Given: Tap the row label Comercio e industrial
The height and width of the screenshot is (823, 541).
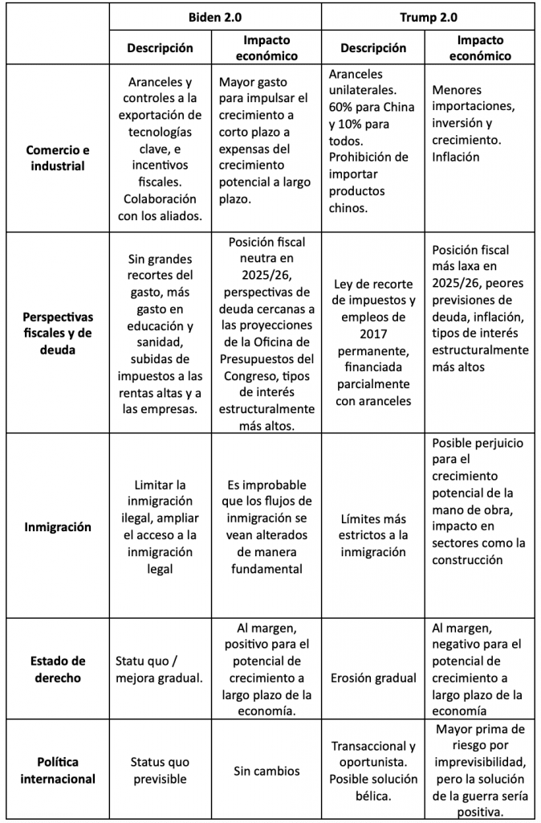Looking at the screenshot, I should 58,158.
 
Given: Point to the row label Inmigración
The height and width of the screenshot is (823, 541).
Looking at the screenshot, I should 58,527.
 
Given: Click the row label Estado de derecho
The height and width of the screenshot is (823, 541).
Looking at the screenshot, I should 58,669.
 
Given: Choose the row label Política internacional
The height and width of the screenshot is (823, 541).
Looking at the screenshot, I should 58,770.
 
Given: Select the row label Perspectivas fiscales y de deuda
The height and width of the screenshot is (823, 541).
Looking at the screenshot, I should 58,334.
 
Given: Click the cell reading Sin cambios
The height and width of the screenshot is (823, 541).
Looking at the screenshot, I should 266,771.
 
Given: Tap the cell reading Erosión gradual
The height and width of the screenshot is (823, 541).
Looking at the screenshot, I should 372,677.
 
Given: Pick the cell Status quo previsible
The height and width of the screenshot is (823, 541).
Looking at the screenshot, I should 159,770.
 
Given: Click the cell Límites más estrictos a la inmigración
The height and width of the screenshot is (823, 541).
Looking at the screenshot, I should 372,534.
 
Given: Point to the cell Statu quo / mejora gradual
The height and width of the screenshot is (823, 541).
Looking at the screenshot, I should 159,669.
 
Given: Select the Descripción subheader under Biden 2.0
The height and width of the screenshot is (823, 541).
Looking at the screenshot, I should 160,47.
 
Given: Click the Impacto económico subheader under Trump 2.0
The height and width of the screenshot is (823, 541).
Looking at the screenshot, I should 480,47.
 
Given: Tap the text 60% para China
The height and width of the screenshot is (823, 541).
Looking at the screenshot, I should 371,107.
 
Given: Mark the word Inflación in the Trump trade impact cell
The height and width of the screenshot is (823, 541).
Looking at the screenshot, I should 455,157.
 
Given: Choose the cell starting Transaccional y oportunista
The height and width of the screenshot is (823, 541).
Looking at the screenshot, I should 372,770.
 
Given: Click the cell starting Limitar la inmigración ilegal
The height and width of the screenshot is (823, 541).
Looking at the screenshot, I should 159,526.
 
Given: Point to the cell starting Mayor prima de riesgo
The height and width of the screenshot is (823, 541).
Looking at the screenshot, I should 480,770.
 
